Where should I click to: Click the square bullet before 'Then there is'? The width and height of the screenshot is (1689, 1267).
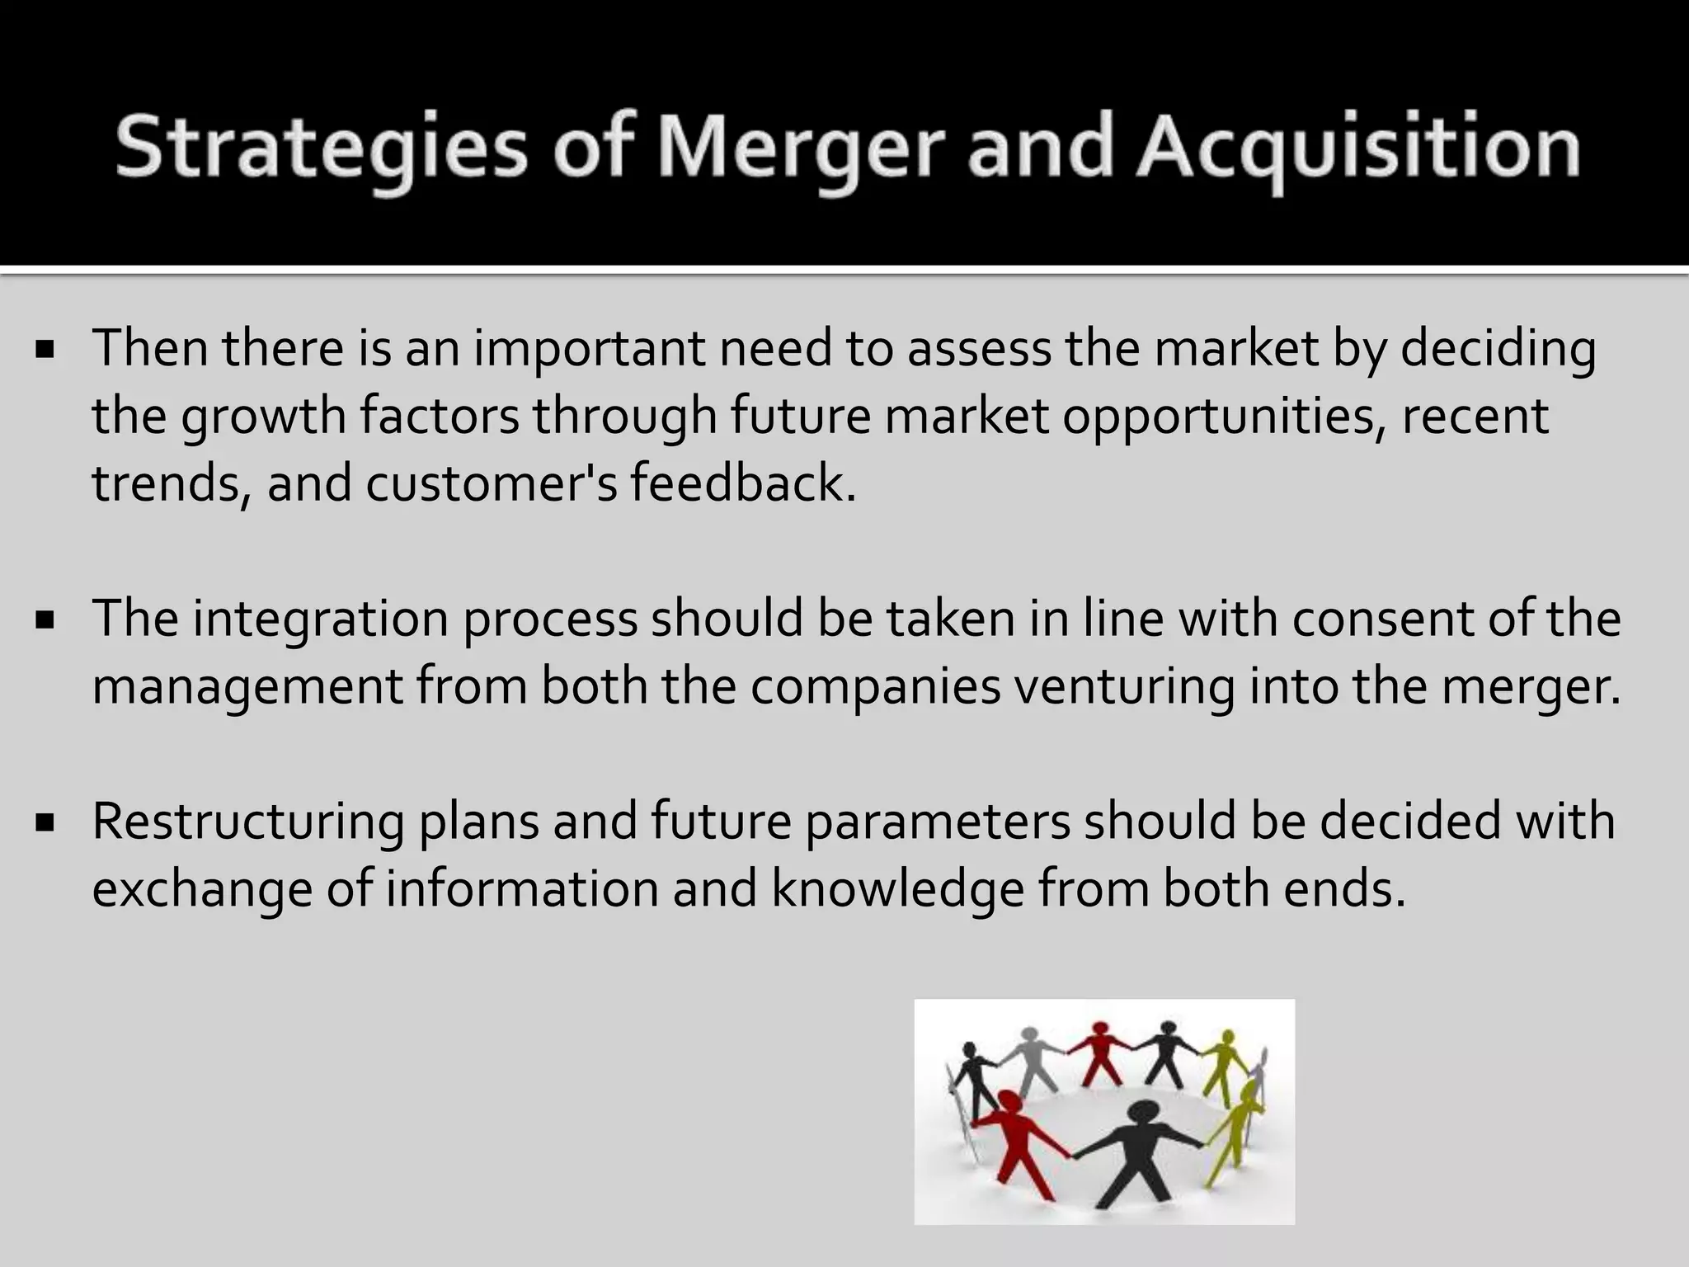coord(45,350)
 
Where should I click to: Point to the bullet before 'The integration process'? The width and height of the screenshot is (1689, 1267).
coord(45,619)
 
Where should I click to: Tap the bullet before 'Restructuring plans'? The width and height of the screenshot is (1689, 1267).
coord(45,822)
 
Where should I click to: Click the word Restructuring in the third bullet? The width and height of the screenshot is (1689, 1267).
coord(247,822)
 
